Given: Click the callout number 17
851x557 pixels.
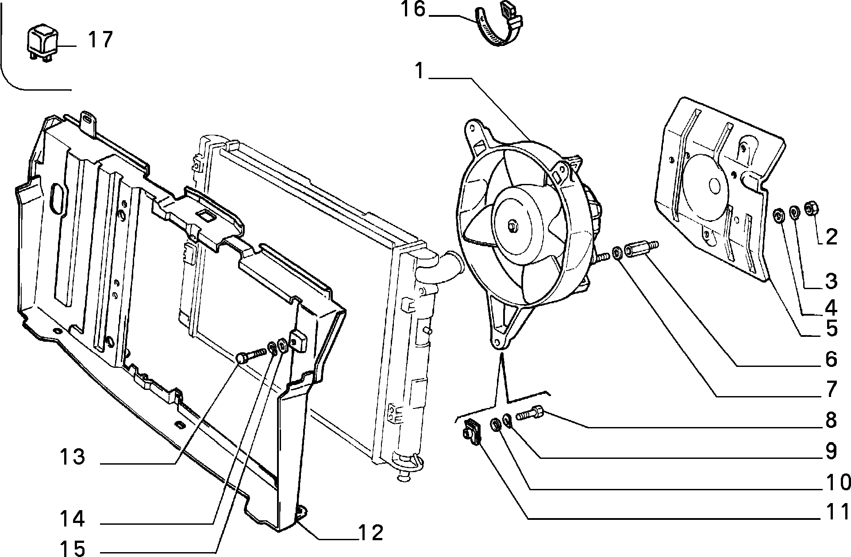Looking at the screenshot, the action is click(x=100, y=39).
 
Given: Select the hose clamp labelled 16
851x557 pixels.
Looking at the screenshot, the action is click(x=499, y=25).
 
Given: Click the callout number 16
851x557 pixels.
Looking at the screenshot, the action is click(x=413, y=10).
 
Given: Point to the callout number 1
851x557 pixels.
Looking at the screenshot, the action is click(x=420, y=71).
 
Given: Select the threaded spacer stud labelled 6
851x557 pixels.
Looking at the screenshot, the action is click(x=640, y=248).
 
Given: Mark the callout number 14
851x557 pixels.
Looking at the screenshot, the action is click(x=72, y=518).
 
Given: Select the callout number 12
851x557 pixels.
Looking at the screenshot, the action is click(x=370, y=534).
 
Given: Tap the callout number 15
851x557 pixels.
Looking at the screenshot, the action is click(x=72, y=549).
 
